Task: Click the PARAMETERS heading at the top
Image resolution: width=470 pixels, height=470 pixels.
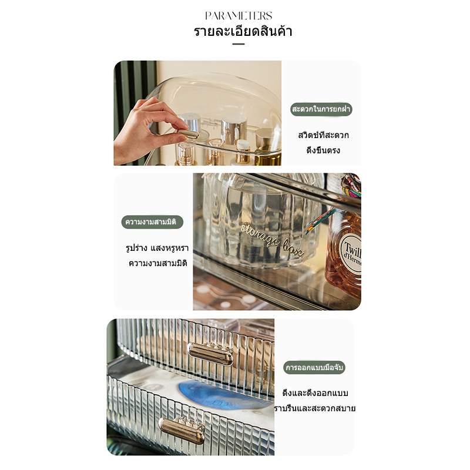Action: point(239,16)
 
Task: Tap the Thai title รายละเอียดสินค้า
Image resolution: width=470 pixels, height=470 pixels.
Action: point(243,31)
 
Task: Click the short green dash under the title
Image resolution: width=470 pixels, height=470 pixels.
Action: point(239,44)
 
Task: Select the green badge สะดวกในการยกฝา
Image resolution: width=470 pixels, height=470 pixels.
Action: point(321,109)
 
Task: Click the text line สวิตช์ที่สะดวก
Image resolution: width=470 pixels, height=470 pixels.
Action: point(324,135)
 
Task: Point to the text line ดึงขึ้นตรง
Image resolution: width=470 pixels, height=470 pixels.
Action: point(323,150)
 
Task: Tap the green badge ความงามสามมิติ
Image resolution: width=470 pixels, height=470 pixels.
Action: point(152,222)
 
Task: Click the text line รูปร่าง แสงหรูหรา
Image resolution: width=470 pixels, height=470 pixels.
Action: point(157,248)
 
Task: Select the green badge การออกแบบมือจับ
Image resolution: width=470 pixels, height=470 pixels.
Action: point(314,368)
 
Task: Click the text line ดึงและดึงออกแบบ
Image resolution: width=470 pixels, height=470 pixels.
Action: point(315,393)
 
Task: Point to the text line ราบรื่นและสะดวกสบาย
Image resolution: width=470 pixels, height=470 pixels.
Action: point(315,408)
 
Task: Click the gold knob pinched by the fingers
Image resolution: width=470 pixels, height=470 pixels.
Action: point(187,134)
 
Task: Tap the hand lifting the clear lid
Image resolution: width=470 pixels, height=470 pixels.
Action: point(147,132)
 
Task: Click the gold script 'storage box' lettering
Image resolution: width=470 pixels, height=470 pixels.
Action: point(271,240)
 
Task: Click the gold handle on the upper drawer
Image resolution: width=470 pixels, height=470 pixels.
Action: point(210,354)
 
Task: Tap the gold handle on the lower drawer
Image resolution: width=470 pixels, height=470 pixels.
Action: point(182,431)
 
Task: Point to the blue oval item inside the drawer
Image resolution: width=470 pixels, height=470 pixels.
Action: point(223,395)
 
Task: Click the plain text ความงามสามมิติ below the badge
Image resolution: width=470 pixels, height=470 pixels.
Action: point(158,263)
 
